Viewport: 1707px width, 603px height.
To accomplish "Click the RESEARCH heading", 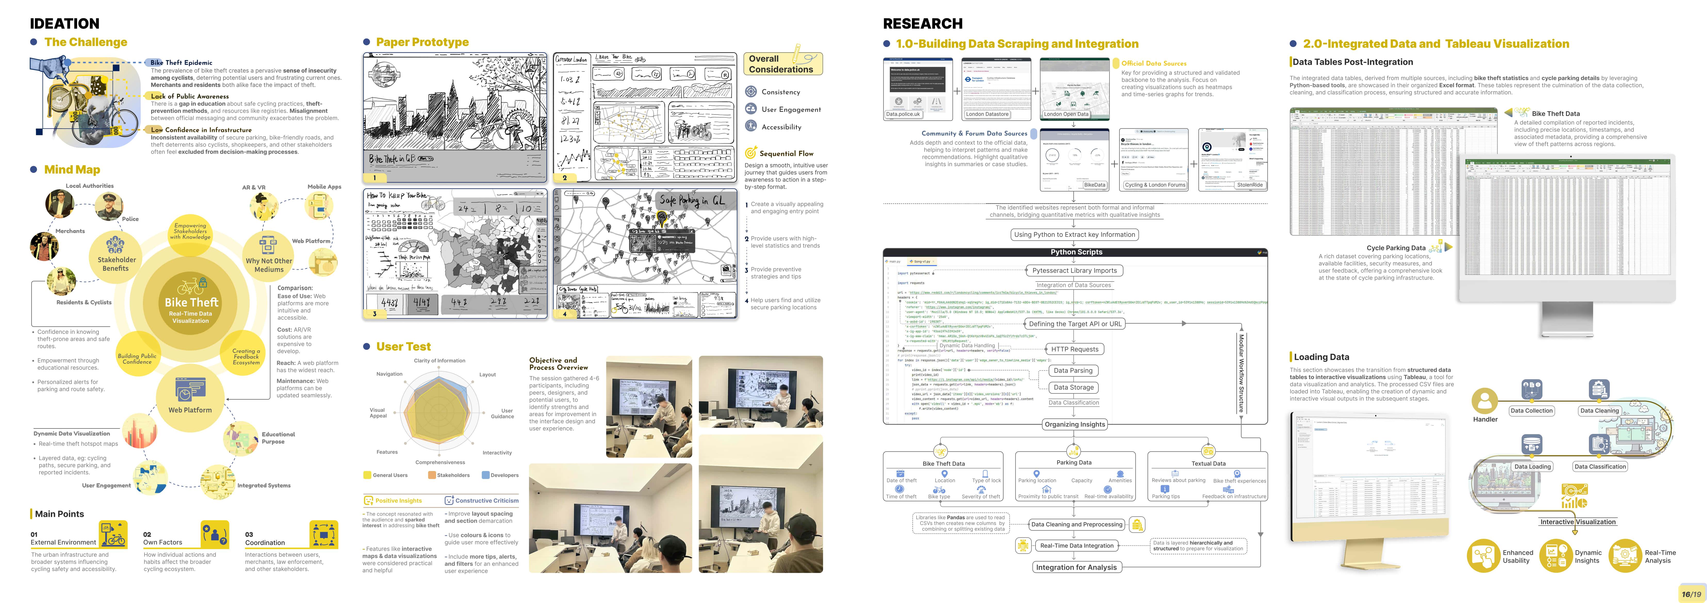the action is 922,24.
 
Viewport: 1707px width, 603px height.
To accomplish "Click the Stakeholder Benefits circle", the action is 117,255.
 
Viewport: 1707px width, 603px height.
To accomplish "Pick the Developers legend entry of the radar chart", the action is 504,475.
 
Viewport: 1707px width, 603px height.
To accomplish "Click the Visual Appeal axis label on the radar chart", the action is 378,413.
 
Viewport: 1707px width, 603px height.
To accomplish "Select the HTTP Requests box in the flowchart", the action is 1074,349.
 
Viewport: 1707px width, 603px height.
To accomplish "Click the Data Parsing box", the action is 1073,370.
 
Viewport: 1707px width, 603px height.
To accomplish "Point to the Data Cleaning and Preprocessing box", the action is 1076,524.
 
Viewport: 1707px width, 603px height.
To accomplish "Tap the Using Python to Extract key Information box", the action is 1074,235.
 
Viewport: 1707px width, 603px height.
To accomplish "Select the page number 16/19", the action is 1691,594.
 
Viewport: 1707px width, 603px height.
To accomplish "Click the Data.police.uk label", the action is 903,114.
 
